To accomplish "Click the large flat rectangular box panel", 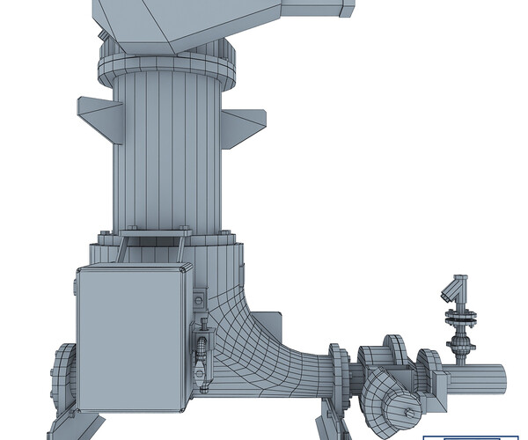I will pos(130,338).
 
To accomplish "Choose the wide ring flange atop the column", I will pos(167,66).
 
